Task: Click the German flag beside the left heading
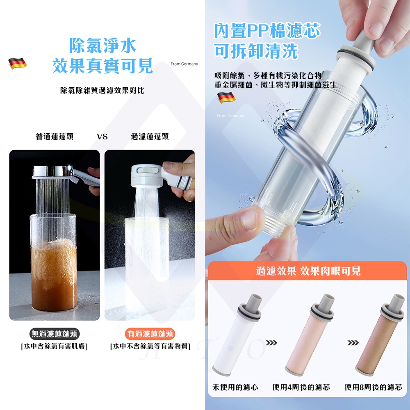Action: tap(17, 63)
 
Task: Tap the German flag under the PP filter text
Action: tap(226, 97)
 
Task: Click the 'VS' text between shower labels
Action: tap(102, 137)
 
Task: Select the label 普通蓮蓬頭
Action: tap(55, 137)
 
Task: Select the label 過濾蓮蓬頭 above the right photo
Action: tap(150, 137)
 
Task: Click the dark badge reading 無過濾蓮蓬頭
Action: tap(55, 334)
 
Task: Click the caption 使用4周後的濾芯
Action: tap(301, 387)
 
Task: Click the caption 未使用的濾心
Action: tap(235, 387)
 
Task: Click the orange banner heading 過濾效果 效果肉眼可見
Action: tap(308, 271)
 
